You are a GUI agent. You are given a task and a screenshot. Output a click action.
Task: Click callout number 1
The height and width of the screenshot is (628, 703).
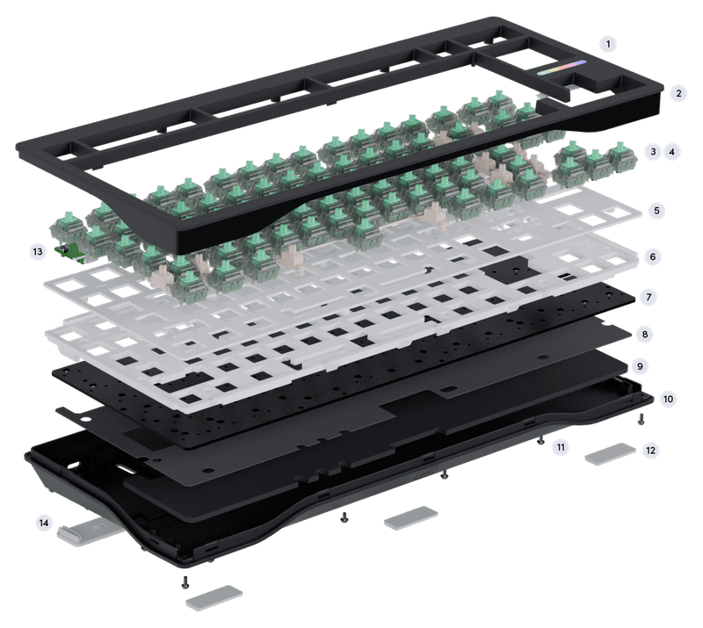tap(608, 42)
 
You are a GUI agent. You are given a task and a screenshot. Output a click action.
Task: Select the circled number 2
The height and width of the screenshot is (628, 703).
tap(678, 92)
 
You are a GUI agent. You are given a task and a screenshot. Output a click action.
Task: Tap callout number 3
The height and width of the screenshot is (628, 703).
tap(651, 151)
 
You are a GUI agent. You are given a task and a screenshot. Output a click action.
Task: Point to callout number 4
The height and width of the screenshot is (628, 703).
tap(674, 151)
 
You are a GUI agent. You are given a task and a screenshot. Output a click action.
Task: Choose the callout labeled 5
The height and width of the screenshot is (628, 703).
tap(655, 211)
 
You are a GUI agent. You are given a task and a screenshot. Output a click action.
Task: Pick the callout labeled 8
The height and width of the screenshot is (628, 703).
tap(647, 335)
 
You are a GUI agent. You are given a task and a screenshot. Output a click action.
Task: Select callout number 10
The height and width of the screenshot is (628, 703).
tap(668, 398)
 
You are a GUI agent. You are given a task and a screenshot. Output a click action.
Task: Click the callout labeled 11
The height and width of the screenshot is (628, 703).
tap(561, 447)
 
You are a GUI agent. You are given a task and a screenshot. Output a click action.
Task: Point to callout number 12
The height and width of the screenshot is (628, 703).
tap(650, 450)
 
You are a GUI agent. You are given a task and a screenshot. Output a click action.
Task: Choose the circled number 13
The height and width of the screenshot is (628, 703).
tap(37, 251)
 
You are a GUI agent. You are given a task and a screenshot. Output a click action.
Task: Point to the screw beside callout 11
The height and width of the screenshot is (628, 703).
tap(540, 441)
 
